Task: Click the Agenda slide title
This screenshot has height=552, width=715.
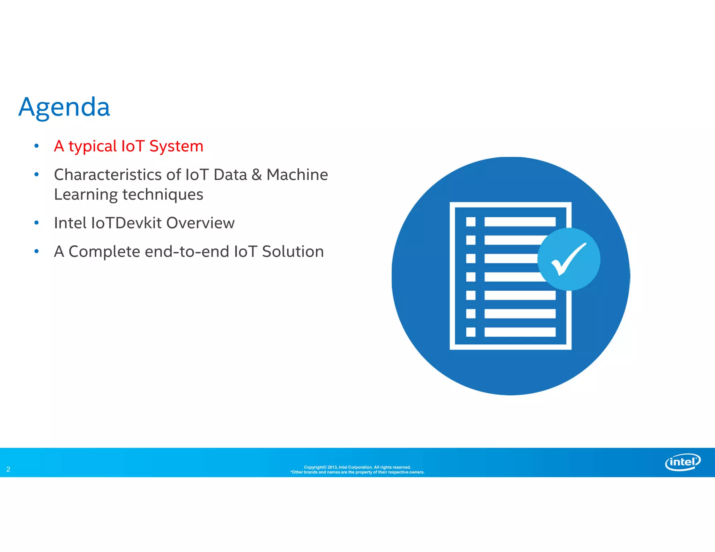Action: coord(64,107)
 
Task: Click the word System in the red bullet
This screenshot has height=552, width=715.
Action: coord(176,146)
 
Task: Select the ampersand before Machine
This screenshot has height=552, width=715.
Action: coord(257,174)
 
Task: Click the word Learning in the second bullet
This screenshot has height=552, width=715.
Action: coord(86,195)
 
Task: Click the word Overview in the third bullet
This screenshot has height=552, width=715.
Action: coord(200,223)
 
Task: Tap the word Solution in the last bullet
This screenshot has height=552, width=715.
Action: coord(293,252)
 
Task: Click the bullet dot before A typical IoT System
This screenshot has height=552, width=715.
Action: coord(37,146)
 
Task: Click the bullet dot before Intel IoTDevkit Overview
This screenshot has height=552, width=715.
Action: coord(37,223)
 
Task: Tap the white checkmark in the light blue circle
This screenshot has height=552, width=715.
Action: coord(568,259)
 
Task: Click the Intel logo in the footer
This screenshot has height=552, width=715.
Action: coord(683,462)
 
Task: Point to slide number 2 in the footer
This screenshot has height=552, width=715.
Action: coord(8,469)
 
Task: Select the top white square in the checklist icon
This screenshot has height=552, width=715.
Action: coord(471,222)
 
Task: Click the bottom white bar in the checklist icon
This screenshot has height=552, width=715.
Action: coord(519,332)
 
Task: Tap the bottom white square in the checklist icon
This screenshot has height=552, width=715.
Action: coord(471,332)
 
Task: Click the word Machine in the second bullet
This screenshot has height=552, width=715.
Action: coord(297,174)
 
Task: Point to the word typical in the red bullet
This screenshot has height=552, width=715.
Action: coord(92,146)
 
